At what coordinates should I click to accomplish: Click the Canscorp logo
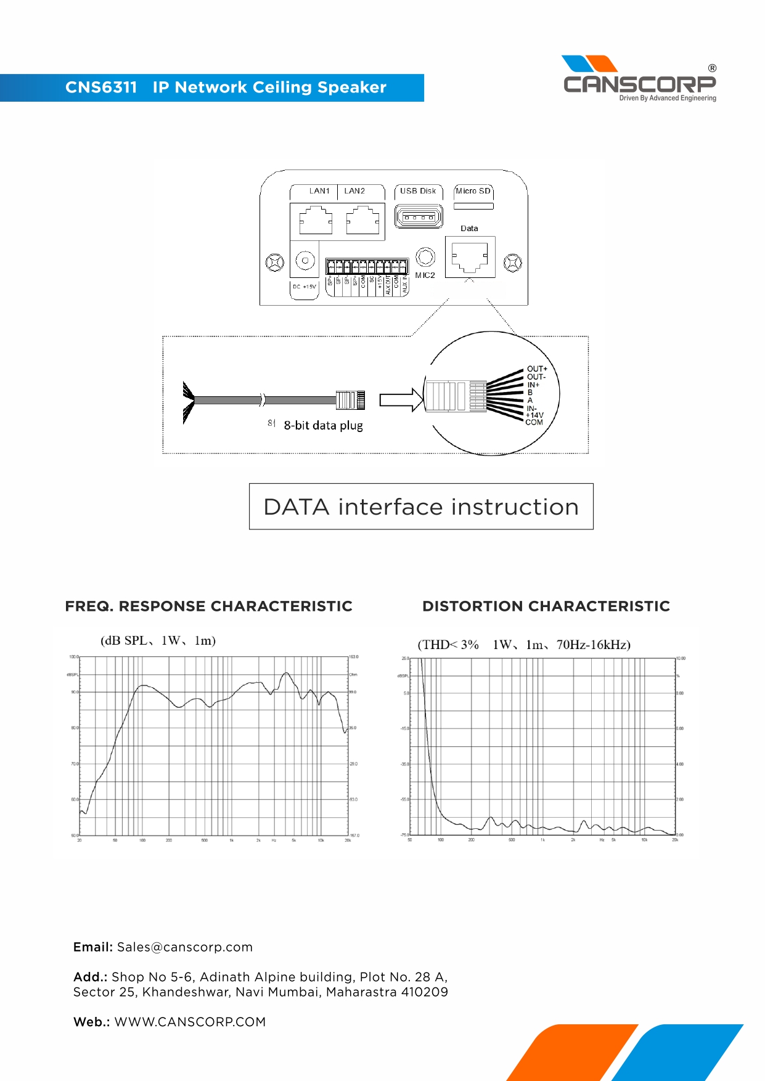639,79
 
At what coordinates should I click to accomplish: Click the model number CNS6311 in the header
101,88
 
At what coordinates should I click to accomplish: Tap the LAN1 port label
319,191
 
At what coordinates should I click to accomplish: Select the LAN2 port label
354,191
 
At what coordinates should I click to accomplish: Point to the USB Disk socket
419,217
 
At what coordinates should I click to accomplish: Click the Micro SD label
473,191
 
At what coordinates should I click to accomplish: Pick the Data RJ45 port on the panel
470,256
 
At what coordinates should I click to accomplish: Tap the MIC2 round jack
425,257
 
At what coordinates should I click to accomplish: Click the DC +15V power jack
305,261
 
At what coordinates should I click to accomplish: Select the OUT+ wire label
536,369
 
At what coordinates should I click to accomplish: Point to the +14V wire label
534,415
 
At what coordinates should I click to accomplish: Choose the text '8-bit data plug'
323,425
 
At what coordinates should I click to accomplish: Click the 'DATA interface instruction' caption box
421,507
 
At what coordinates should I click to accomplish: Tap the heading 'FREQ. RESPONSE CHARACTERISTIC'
208,606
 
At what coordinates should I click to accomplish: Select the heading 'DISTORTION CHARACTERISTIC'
546,606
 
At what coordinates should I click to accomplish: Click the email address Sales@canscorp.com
185,947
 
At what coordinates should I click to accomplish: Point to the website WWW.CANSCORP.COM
190,1022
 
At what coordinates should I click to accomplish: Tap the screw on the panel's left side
274,263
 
